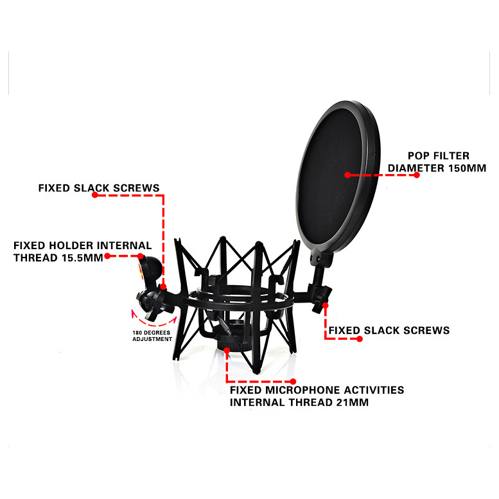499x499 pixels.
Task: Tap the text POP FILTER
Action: pyautogui.click(x=439, y=156)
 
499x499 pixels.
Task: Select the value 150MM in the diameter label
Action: pyautogui.click(x=467, y=168)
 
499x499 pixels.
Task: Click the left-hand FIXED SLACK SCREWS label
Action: pyautogui.click(x=99, y=188)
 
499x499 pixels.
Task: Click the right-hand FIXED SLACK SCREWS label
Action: pyautogui.click(x=389, y=330)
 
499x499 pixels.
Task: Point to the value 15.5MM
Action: pyautogui.click(x=82, y=258)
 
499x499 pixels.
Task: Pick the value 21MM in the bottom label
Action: pyautogui.click(x=353, y=402)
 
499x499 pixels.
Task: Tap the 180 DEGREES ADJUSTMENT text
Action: pyautogui.click(x=152, y=336)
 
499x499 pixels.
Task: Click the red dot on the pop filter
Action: pyautogui.click(x=347, y=175)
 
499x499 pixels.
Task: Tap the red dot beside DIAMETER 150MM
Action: pyautogui.click(x=417, y=175)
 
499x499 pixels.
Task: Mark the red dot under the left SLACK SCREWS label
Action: pyautogui.click(x=95, y=195)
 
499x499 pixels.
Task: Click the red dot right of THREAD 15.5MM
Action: pyautogui.click(x=107, y=256)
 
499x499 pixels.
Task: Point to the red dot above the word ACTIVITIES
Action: pyautogui.click(x=293, y=381)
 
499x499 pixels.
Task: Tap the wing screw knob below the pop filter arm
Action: pyautogui.click(x=321, y=298)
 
